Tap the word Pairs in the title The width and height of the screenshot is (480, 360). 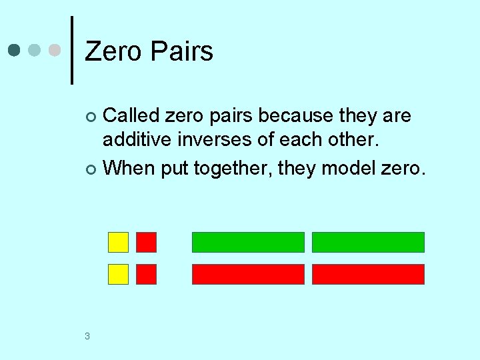pos(182,51)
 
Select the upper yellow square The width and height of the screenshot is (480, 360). pos(119,242)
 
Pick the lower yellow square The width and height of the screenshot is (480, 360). pos(119,274)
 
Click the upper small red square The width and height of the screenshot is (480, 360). pos(146,242)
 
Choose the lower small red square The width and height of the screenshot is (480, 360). pos(146,274)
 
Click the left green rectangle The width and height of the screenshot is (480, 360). pos(248,242)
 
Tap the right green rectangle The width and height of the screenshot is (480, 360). pos(368,242)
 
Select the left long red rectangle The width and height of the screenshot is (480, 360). pos(248,274)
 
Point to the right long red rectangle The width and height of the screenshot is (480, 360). pos(368,274)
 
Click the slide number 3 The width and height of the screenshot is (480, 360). pos(87,336)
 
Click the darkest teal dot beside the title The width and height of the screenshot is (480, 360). pos(15,51)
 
